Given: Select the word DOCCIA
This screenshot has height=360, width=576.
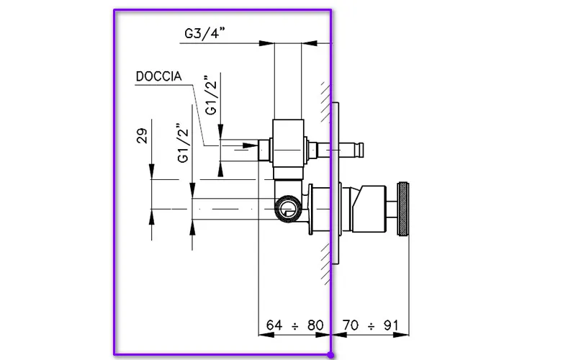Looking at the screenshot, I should pos(158,76).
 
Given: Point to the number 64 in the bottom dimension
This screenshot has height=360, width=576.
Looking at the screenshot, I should pos(275,325).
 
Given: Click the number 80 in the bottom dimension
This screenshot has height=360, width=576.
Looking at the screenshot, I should pos(315,325).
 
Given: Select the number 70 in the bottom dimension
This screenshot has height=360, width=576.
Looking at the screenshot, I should pos(350,325).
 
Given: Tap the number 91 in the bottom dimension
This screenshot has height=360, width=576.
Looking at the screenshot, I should pos(390,325).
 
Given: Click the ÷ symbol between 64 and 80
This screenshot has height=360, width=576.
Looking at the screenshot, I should pos(295,325).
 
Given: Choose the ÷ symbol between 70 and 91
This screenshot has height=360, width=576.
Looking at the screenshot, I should pos(371,325).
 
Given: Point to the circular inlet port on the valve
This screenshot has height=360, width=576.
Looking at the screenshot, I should pos(286,210).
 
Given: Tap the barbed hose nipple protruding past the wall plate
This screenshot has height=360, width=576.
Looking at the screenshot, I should pos(354,150).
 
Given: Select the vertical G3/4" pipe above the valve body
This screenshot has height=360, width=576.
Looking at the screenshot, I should pos(288,79).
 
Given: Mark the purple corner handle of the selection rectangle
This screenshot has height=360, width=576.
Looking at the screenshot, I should pos(330,355).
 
